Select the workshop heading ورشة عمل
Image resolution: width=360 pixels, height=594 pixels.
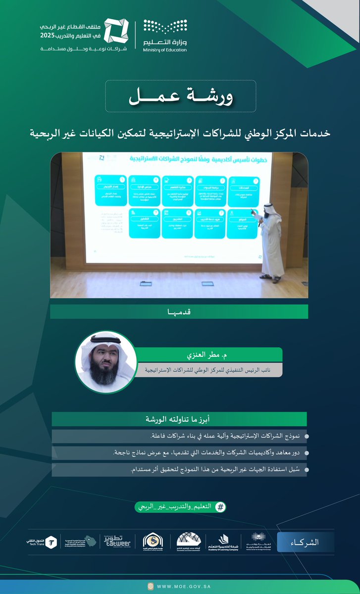click(x=180, y=96)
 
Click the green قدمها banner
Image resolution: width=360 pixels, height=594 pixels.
click(x=179, y=311)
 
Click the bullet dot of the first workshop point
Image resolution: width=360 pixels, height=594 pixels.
click(x=307, y=437)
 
